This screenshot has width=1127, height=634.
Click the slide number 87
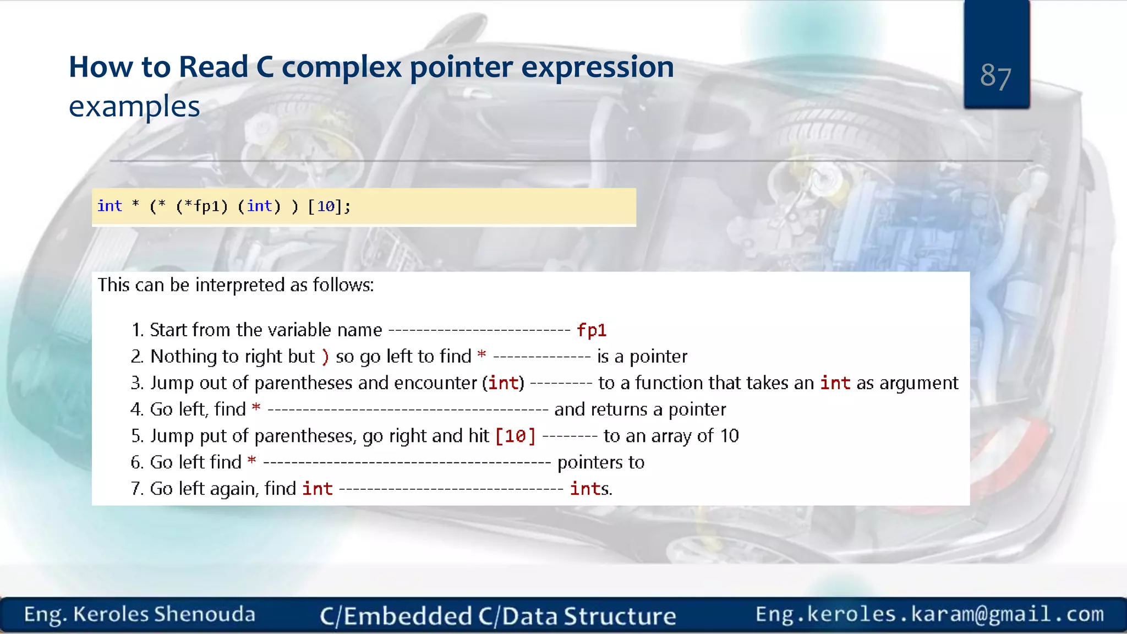coord(995,76)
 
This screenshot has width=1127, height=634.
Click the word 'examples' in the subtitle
coord(134,106)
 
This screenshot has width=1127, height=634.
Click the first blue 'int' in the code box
coord(110,206)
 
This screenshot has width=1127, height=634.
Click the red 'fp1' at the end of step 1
coord(592,330)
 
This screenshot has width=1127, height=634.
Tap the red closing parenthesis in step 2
coord(325,357)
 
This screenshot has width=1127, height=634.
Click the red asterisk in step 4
coord(256,408)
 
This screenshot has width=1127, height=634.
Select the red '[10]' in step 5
coord(515,436)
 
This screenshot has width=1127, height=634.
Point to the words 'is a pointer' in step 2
coord(642,357)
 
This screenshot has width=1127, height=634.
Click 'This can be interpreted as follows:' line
coord(236,285)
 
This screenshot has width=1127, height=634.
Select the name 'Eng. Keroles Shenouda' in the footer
coord(140,614)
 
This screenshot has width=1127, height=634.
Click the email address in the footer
coord(929,614)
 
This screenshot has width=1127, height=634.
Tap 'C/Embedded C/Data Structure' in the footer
coord(498,616)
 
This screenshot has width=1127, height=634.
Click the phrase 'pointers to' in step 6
coord(601,462)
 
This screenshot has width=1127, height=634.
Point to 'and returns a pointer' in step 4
coord(640,409)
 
